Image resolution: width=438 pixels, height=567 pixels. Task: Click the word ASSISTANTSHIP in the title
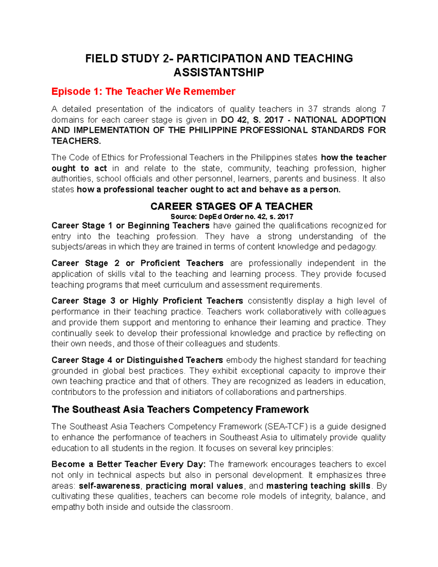(219, 73)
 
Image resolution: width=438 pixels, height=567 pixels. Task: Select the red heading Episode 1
(143, 91)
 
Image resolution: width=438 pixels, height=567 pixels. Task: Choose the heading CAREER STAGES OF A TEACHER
(231, 206)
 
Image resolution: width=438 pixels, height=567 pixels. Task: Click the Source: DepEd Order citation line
(232, 217)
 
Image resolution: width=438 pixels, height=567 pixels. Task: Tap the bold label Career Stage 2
(85, 263)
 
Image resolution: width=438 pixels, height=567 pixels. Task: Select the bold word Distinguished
(155, 360)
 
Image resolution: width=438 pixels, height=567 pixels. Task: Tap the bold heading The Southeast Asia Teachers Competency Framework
(180, 409)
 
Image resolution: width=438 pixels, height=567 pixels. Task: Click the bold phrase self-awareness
(109, 486)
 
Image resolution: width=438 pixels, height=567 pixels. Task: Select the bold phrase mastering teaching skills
(318, 486)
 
